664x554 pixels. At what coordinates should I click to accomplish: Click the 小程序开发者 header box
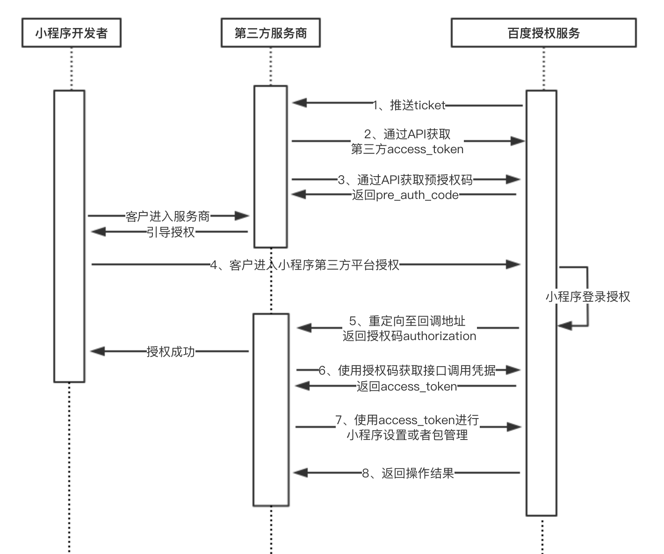71,33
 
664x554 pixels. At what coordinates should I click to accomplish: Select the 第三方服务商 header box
270,33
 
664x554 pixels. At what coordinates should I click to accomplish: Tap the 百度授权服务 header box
543,33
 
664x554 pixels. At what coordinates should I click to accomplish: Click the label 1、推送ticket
409,106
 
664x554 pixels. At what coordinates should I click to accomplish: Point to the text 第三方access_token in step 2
407,149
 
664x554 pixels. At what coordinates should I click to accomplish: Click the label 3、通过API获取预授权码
405,180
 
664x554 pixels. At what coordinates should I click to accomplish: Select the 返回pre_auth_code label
405,195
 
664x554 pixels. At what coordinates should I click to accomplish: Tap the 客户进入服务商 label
167,216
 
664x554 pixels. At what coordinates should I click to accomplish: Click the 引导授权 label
170,232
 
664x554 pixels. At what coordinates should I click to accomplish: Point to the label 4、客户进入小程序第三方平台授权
305,265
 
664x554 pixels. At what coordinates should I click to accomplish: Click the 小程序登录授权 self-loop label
587,297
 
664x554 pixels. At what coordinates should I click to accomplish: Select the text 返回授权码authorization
409,336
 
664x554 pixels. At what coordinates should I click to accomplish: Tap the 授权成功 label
170,351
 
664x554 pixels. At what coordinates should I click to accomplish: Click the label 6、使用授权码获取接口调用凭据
407,370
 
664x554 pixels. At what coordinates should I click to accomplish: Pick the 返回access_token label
406,386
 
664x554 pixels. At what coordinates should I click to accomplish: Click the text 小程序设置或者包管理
407,435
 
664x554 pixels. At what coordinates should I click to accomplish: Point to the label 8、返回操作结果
408,473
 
